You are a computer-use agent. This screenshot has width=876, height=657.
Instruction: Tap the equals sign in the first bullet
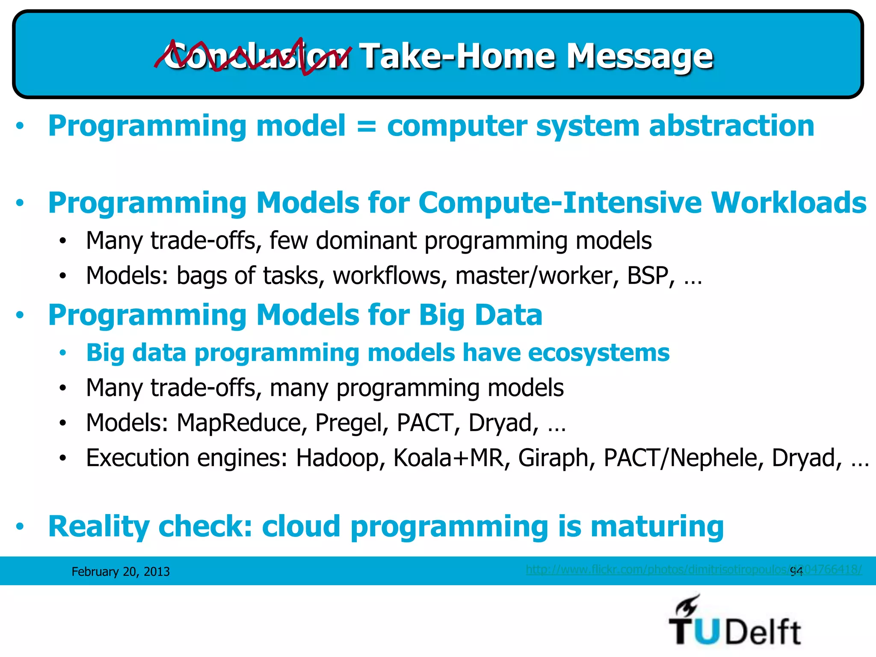click(x=366, y=127)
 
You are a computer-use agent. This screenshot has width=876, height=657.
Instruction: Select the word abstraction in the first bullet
click(x=731, y=127)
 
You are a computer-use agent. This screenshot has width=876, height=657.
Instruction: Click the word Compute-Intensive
click(x=558, y=203)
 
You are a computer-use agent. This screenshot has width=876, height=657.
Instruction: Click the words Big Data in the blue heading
click(x=480, y=315)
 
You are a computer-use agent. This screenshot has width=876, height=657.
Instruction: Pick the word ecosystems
click(x=598, y=353)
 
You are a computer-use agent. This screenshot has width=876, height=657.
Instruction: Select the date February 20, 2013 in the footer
click(x=121, y=572)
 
